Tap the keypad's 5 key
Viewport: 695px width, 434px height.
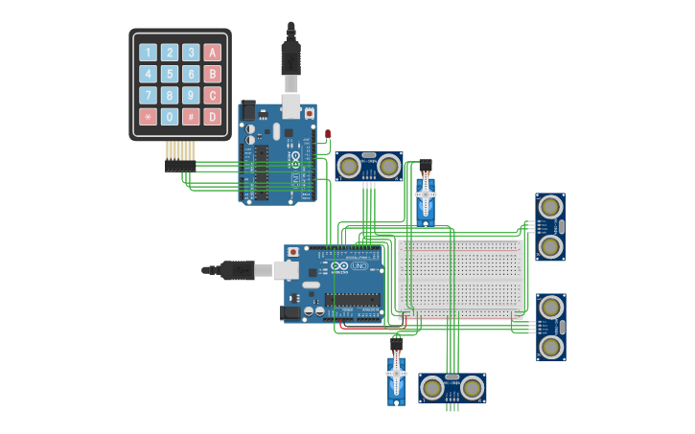170,74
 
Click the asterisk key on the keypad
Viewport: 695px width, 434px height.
148,117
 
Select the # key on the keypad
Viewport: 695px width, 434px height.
191,117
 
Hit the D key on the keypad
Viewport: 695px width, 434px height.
213,117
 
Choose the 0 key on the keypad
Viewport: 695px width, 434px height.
170,117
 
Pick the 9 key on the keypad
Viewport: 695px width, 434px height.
191,95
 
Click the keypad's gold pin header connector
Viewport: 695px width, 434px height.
180,151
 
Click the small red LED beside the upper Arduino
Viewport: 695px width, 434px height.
328,134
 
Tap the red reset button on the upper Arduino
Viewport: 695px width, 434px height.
308,112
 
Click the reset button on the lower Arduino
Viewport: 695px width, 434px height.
292,252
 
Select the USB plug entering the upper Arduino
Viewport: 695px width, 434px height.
290,57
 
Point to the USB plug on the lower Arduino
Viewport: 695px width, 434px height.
235,270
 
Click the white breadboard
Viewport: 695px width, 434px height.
462,279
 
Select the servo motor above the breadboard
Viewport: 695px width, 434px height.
426,195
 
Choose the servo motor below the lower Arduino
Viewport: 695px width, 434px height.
396,376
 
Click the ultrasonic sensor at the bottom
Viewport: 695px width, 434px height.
452,388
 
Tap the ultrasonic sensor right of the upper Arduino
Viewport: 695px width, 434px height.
368,167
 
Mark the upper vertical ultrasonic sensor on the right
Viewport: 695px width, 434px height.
549,226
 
